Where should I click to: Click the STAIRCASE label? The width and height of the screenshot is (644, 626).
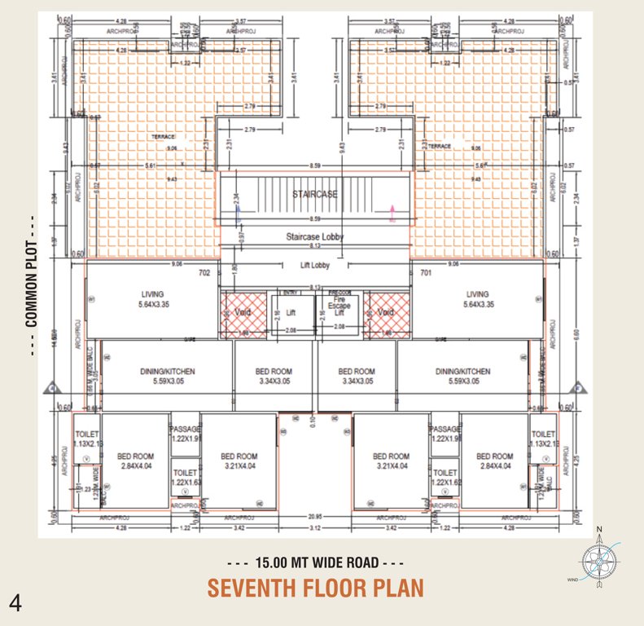pyautogui.click(x=314, y=194)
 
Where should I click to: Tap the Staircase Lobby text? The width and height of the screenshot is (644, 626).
pyautogui.click(x=314, y=237)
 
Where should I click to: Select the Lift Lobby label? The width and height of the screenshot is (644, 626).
pyautogui.click(x=314, y=266)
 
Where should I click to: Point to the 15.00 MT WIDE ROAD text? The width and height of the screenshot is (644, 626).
pyautogui.click(x=316, y=563)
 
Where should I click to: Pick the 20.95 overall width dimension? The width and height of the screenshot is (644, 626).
pyautogui.click(x=314, y=517)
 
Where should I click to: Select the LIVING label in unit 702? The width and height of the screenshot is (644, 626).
pyautogui.click(x=152, y=294)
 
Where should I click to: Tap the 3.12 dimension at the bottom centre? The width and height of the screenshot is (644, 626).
pyautogui.click(x=314, y=528)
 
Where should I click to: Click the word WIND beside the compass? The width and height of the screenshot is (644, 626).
pyautogui.click(x=572, y=580)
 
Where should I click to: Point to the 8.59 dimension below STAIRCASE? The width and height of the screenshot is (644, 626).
pyautogui.click(x=314, y=219)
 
